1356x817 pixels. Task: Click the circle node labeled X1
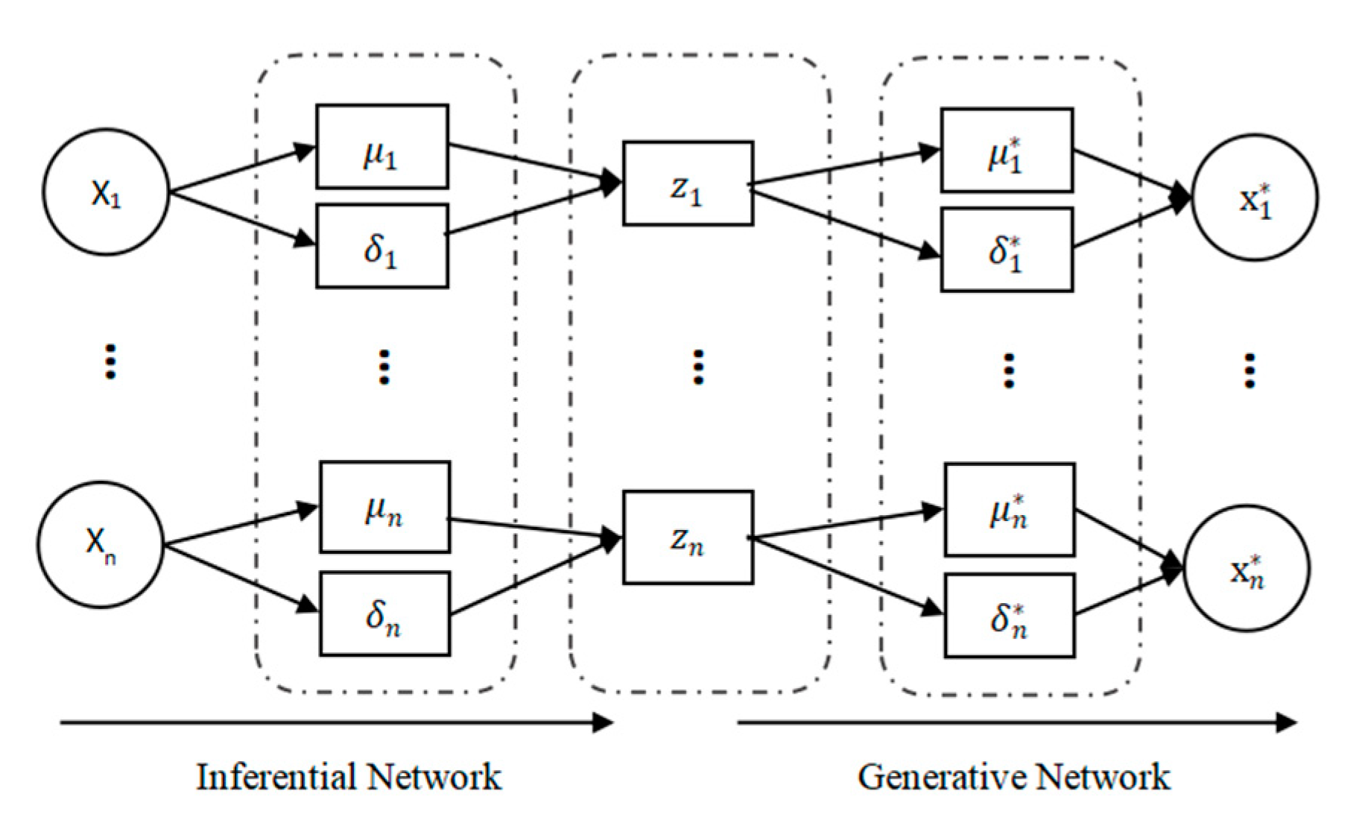[106, 192]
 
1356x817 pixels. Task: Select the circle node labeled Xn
[101, 544]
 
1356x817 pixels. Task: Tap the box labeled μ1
[382, 147]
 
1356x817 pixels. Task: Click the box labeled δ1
[382, 246]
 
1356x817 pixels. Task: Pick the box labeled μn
[384, 507]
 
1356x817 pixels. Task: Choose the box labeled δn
[384, 613]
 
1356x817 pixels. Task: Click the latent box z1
[688, 183]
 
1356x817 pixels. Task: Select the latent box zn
[688, 537]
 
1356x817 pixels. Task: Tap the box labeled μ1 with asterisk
[1007, 151]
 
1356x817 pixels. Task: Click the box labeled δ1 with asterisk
[1007, 250]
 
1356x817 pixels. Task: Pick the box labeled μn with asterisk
[1010, 510]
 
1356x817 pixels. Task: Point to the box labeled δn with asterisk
[1010, 616]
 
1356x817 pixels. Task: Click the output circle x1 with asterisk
[1255, 198]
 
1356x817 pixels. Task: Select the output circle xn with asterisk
[1246, 569]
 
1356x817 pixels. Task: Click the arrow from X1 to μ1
[242, 170]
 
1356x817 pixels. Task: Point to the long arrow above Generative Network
[1017, 722]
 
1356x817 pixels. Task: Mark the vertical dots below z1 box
[698, 367]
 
